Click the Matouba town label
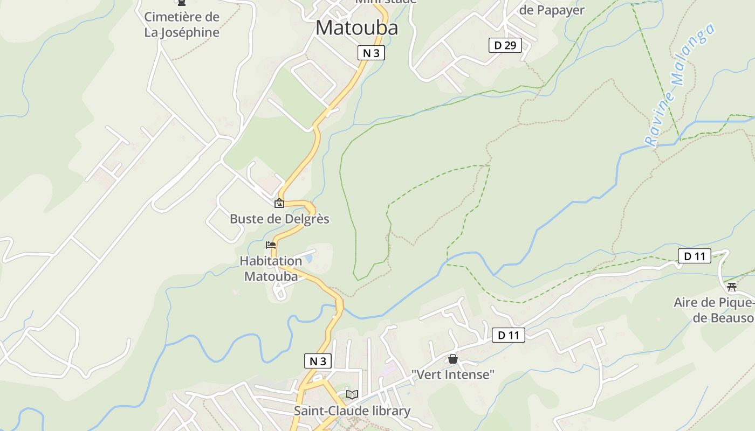[356, 28]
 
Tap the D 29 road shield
[505, 45]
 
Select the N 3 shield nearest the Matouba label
[371, 53]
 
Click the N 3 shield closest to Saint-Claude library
[318, 361]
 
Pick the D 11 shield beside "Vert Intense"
[508, 336]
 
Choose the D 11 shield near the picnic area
[695, 256]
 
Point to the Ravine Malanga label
[679, 85]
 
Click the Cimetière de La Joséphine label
[182, 25]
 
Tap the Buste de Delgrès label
[279, 219]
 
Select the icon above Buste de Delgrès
[279, 203]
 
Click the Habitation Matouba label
[271, 269]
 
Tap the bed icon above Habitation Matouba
[271, 245]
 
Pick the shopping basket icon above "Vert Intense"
[453, 359]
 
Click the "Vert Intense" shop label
[453, 374]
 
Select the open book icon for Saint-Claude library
[352, 395]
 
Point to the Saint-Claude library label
[352, 411]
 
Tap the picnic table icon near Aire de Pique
[732, 287]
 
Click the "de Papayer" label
[552, 10]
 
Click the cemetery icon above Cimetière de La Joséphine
[182, 3]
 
